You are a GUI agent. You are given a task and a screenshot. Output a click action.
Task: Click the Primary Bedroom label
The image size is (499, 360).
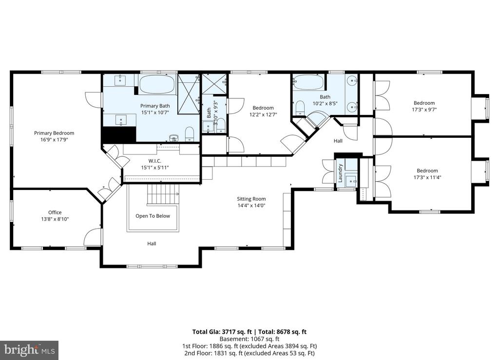pyautogui.click(x=54, y=133)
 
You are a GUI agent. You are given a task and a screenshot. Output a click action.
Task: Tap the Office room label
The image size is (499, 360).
pyautogui.click(x=55, y=212)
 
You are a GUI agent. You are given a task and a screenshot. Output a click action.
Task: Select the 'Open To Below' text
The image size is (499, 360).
pyautogui.click(x=153, y=216)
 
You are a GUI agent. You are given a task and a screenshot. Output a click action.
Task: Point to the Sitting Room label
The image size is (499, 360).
pyautogui.click(x=251, y=199)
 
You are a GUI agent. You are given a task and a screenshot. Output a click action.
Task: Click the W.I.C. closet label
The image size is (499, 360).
pyautogui.click(x=154, y=161)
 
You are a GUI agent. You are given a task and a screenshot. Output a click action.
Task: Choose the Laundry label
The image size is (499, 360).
pyautogui.click(x=340, y=173)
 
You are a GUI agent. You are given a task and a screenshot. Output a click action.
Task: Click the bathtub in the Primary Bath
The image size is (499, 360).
pyautogui.click(x=157, y=84)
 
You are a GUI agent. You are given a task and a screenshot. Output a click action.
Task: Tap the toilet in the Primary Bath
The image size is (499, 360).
pyautogui.click(x=190, y=134)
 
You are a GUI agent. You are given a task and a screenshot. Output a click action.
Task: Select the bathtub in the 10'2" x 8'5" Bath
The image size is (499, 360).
pyautogui.click(x=308, y=82)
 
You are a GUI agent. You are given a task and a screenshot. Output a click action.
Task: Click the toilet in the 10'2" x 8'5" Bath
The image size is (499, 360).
pyautogui.click(x=300, y=108)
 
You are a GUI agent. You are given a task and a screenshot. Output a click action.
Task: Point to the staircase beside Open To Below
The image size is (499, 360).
pyautogui.click(x=163, y=195)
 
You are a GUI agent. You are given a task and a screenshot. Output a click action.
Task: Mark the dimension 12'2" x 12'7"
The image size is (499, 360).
pyautogui.click(x=263, y=114)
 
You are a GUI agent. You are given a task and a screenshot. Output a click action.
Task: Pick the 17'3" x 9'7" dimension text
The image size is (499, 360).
pyautogui.click(x=424, y=110)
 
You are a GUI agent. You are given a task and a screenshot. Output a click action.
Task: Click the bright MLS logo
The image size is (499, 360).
pyautogui.click(x=29, y=350)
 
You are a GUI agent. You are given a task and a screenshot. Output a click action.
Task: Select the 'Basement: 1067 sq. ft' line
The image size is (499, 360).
pyautogui.click(x=249, y=339)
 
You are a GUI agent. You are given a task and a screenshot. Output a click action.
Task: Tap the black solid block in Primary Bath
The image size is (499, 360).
pyautogui.click(x=118, y=134)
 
